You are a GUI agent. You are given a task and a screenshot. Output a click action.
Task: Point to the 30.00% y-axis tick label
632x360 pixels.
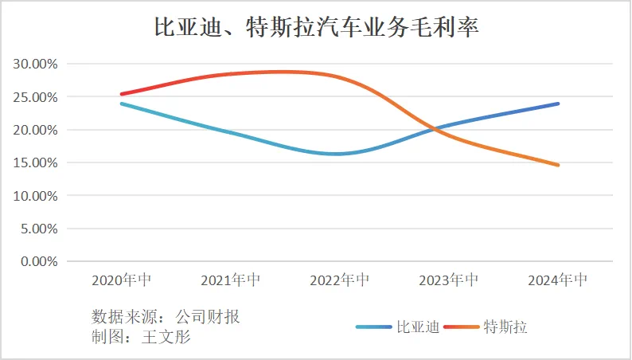coord(33,64)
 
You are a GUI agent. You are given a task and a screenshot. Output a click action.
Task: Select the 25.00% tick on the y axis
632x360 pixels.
coord(33,97)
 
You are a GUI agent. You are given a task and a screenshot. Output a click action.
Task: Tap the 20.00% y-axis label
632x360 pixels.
coord(33,130)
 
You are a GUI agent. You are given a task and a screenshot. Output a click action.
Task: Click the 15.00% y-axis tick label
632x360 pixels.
coord(33,162)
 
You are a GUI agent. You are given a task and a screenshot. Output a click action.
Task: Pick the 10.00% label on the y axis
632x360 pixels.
coord(33,196)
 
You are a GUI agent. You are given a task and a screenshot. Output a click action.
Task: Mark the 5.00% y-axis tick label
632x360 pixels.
coord(37,229)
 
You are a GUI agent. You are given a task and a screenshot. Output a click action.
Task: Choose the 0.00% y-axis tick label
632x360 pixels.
coord(37,261)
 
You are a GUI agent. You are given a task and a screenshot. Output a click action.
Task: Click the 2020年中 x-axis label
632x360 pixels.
coord(122,280)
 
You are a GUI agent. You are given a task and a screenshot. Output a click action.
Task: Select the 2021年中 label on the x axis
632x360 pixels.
coord(231,280)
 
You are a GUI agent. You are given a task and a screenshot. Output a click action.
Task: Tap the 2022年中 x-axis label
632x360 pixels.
coord(340,280)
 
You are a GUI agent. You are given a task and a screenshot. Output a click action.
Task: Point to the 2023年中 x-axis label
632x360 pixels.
coord(449,280)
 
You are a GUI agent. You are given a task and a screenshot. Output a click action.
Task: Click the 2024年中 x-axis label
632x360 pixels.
coord(558,280)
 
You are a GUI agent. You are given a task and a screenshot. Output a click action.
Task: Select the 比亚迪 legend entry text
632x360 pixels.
coord(418,327)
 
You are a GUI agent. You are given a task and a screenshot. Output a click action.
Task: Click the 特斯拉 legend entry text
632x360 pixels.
coord(505,327)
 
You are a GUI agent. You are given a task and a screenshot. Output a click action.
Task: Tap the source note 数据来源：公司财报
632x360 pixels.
coord(166,316)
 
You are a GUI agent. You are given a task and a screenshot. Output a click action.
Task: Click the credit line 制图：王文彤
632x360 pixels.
coord(142,336)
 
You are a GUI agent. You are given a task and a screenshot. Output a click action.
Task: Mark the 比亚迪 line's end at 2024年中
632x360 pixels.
coord(558,104)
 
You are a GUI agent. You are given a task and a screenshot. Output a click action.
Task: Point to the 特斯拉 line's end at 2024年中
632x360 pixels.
coord(558,165)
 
